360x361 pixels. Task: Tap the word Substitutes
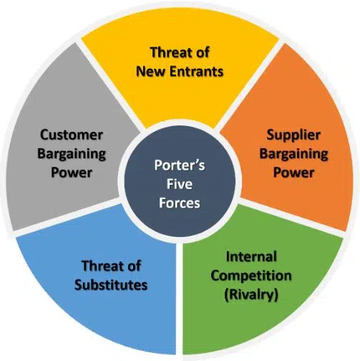coord(112,284)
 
